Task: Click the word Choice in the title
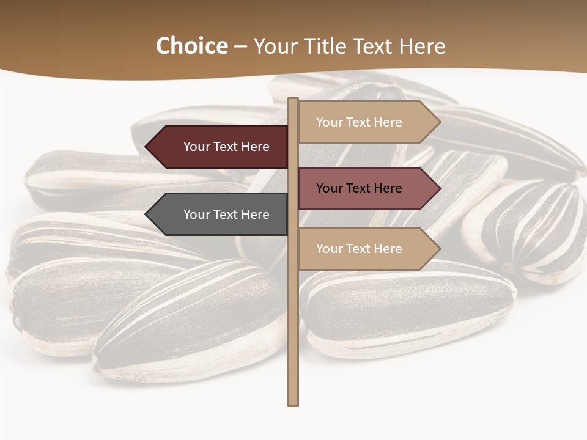coord(191,46)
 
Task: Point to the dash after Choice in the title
coord(240,46)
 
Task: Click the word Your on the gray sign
coord(197,215)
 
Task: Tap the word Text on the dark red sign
coord(226,147)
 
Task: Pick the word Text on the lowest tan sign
coord(359,249)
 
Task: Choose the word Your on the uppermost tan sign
coord(330,122)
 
